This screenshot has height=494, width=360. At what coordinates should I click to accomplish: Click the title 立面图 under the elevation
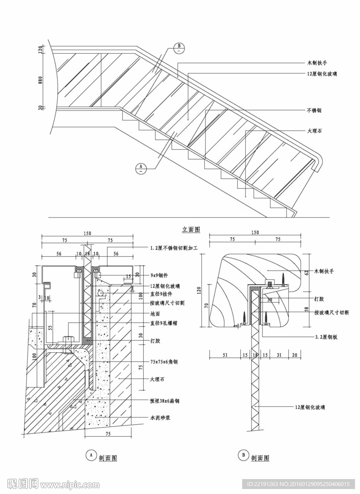(x=191, y=229)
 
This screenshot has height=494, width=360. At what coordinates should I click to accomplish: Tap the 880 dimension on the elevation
(x=42, y=79)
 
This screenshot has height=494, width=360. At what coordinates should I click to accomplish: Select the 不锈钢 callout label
(x=315, y=110)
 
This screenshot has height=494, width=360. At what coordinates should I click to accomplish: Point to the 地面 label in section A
(x=155, y=314)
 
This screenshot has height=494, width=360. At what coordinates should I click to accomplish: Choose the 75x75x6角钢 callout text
(x=164, y=362)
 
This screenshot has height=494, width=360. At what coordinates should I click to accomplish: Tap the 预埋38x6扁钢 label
(x=164, y=400)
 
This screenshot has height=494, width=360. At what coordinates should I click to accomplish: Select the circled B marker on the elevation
(x=180, y=48)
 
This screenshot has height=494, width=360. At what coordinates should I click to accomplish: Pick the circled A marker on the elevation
(x=141, y=167)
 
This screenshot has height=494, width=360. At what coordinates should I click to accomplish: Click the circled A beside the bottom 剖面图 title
(x=90, y=454)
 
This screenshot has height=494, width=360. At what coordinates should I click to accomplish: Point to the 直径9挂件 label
(x=161, y=294)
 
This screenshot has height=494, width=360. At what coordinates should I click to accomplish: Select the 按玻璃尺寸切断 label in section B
(x=332, y=313)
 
